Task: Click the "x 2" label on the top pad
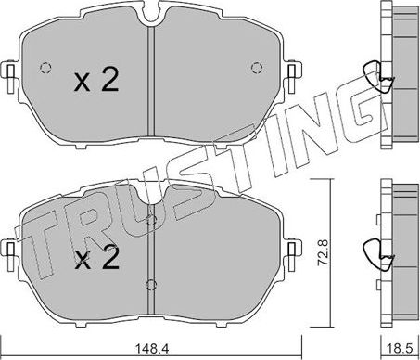(95, 82)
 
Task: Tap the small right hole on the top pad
(257, 67)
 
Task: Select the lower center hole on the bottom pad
(150, 285)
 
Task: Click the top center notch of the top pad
(151, 12)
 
